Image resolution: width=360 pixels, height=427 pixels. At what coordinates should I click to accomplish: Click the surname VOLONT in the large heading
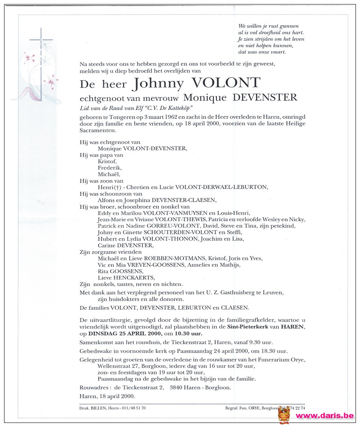coord(226,83)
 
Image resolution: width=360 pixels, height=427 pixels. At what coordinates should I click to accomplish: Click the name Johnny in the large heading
coord(159,84)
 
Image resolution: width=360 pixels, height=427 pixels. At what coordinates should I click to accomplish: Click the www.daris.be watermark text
coord(324,416)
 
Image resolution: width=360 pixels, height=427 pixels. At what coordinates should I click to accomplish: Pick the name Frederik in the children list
coord(109,168)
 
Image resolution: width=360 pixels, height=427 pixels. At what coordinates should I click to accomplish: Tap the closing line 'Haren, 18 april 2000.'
coord(107,396)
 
